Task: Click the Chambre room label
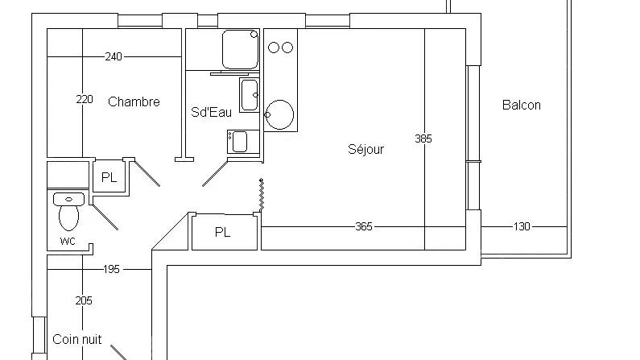click(134, 101)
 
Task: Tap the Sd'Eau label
click(211, 112)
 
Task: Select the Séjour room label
click(365, 149)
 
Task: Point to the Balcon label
click(521, 105)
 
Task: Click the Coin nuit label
click(77, 339)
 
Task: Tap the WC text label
click(68, 242)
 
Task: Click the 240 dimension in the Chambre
click(114, 56)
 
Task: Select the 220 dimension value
click(85, 99)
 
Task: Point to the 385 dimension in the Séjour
click(423, 139)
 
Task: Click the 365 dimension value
click(364, 226)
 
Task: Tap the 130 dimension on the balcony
click(522, 226)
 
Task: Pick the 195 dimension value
click(111, 269)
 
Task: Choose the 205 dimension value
click(84, 301)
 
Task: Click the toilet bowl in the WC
click(68, 217)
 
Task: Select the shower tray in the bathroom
click(241, 49)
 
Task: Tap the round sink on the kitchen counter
click(279, 114)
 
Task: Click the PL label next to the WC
click(109, 177)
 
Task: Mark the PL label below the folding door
click(222, 232)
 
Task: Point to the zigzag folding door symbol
click(262, 195)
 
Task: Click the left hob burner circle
click(274, 48)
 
